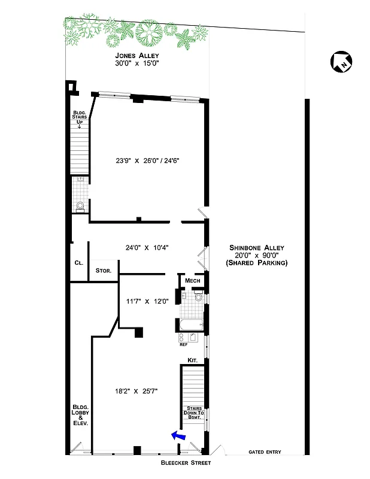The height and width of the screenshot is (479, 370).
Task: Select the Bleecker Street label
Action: tap(185, 463)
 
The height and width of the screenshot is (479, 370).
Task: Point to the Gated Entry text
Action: tap(265, 452)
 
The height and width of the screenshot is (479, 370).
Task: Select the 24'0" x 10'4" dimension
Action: tap(147, 247)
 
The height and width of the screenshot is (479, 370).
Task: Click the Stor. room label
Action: tap(104, 271)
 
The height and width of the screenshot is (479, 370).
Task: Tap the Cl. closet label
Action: tap(78, 263)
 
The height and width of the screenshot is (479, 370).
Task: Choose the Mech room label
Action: tap(192, 281)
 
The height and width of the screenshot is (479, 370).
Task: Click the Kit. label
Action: tap(192, 360)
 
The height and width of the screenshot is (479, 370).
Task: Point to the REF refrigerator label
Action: tap(184, 345)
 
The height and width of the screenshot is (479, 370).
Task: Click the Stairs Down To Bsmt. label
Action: tap(193, 413)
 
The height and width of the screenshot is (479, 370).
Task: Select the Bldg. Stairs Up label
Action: tap(78, 118)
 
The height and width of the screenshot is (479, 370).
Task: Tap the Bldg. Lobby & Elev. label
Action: tap(80, 414)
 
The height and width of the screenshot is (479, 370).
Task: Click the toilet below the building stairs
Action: tap(80, 206)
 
